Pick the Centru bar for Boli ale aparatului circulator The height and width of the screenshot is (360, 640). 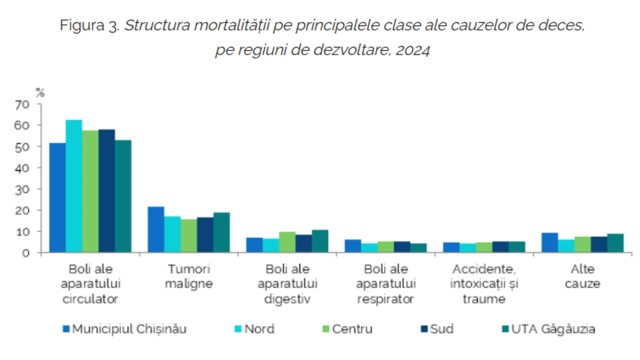pos(90,191)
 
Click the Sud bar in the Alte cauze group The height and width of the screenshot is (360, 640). pos(599,244)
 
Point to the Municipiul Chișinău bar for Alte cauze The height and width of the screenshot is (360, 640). pos(550,242)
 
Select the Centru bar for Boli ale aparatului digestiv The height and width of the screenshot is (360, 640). pos(287,242)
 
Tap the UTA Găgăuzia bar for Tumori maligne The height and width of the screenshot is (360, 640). pos(222,232)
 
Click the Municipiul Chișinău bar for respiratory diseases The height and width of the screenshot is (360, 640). pos(353,246)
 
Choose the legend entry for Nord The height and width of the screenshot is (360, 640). pos(259,329)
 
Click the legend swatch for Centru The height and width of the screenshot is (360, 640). pos(326,329)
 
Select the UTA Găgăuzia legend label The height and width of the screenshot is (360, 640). pos(553,329)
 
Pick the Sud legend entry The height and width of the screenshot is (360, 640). pos(441,329)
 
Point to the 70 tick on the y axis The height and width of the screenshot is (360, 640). pos(22,105)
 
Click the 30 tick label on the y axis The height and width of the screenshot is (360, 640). pos(22,189)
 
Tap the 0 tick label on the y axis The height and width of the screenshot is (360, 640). pos(26,253)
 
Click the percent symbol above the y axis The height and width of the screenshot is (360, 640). pos(40,92)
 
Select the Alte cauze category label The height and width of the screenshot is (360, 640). pos(582,276)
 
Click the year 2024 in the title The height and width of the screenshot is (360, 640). pos(413,50)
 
